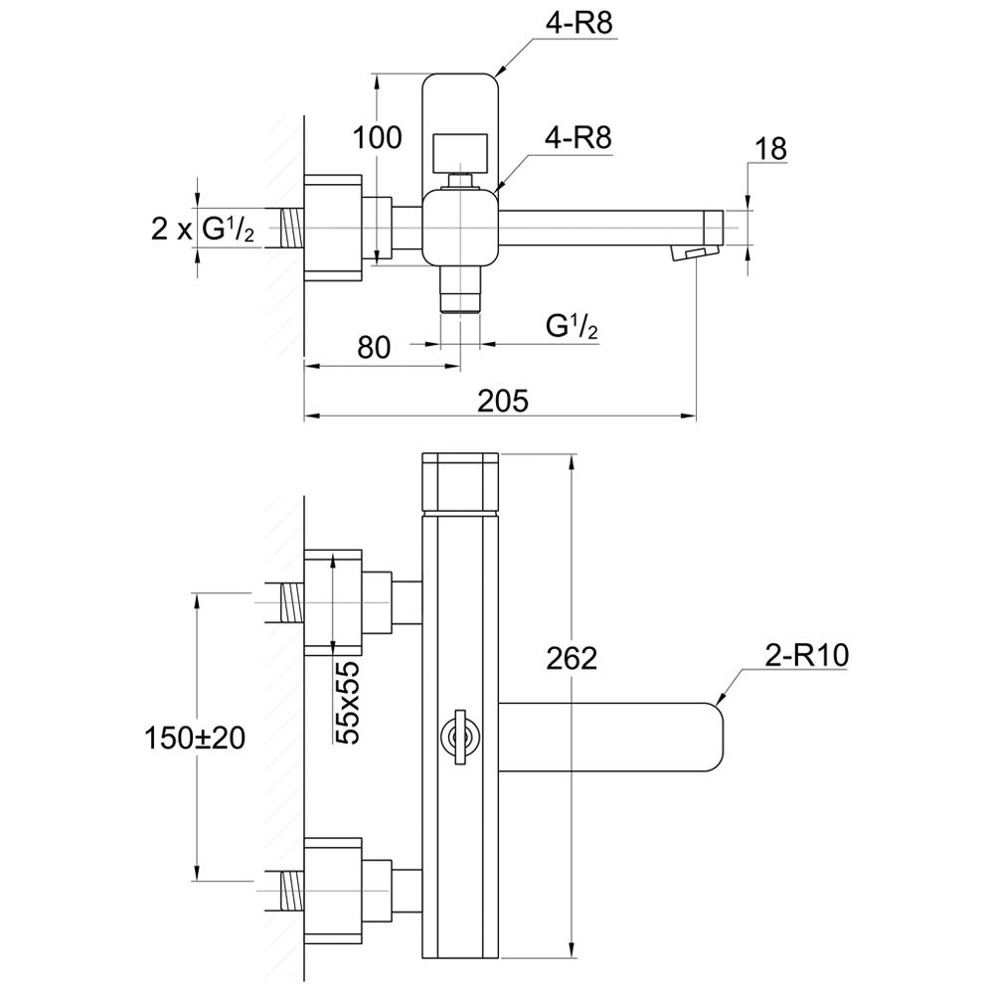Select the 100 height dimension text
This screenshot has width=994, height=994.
(x=379, y=139)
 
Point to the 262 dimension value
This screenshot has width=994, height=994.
(x=572, y=658)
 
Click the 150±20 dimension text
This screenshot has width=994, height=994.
(x=195, y=738)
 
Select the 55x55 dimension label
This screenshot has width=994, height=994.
(x=347, y=702)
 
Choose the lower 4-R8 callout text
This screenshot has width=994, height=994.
(x=578, y=139)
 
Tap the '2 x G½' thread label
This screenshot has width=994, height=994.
(x=203, y=229)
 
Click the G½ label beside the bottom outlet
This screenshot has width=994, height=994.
(x=572, y=325)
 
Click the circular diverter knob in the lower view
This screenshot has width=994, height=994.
(x=458, y=737)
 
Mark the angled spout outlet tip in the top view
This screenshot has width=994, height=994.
(x=695, y=253)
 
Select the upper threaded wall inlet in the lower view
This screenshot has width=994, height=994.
(x=290, y=602)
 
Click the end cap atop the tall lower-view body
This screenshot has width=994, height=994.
(x=459, y=482)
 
